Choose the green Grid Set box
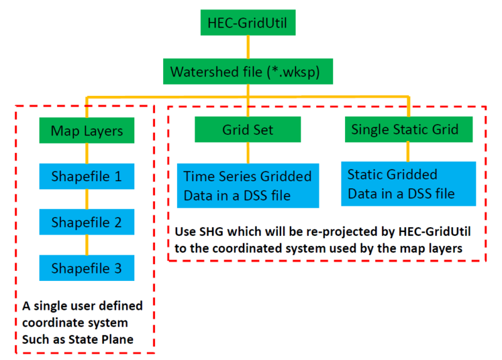coord(248,130)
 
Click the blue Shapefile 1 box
coord(87,176)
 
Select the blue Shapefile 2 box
coord(87,223)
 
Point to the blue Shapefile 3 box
coord(87,268)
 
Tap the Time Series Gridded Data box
coord(248,186)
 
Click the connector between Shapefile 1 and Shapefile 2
coord(87,199)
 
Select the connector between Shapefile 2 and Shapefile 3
coord(87,245)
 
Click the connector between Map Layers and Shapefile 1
coord(87,153)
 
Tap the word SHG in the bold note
coord(208,231)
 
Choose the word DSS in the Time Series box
coord(260,196)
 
